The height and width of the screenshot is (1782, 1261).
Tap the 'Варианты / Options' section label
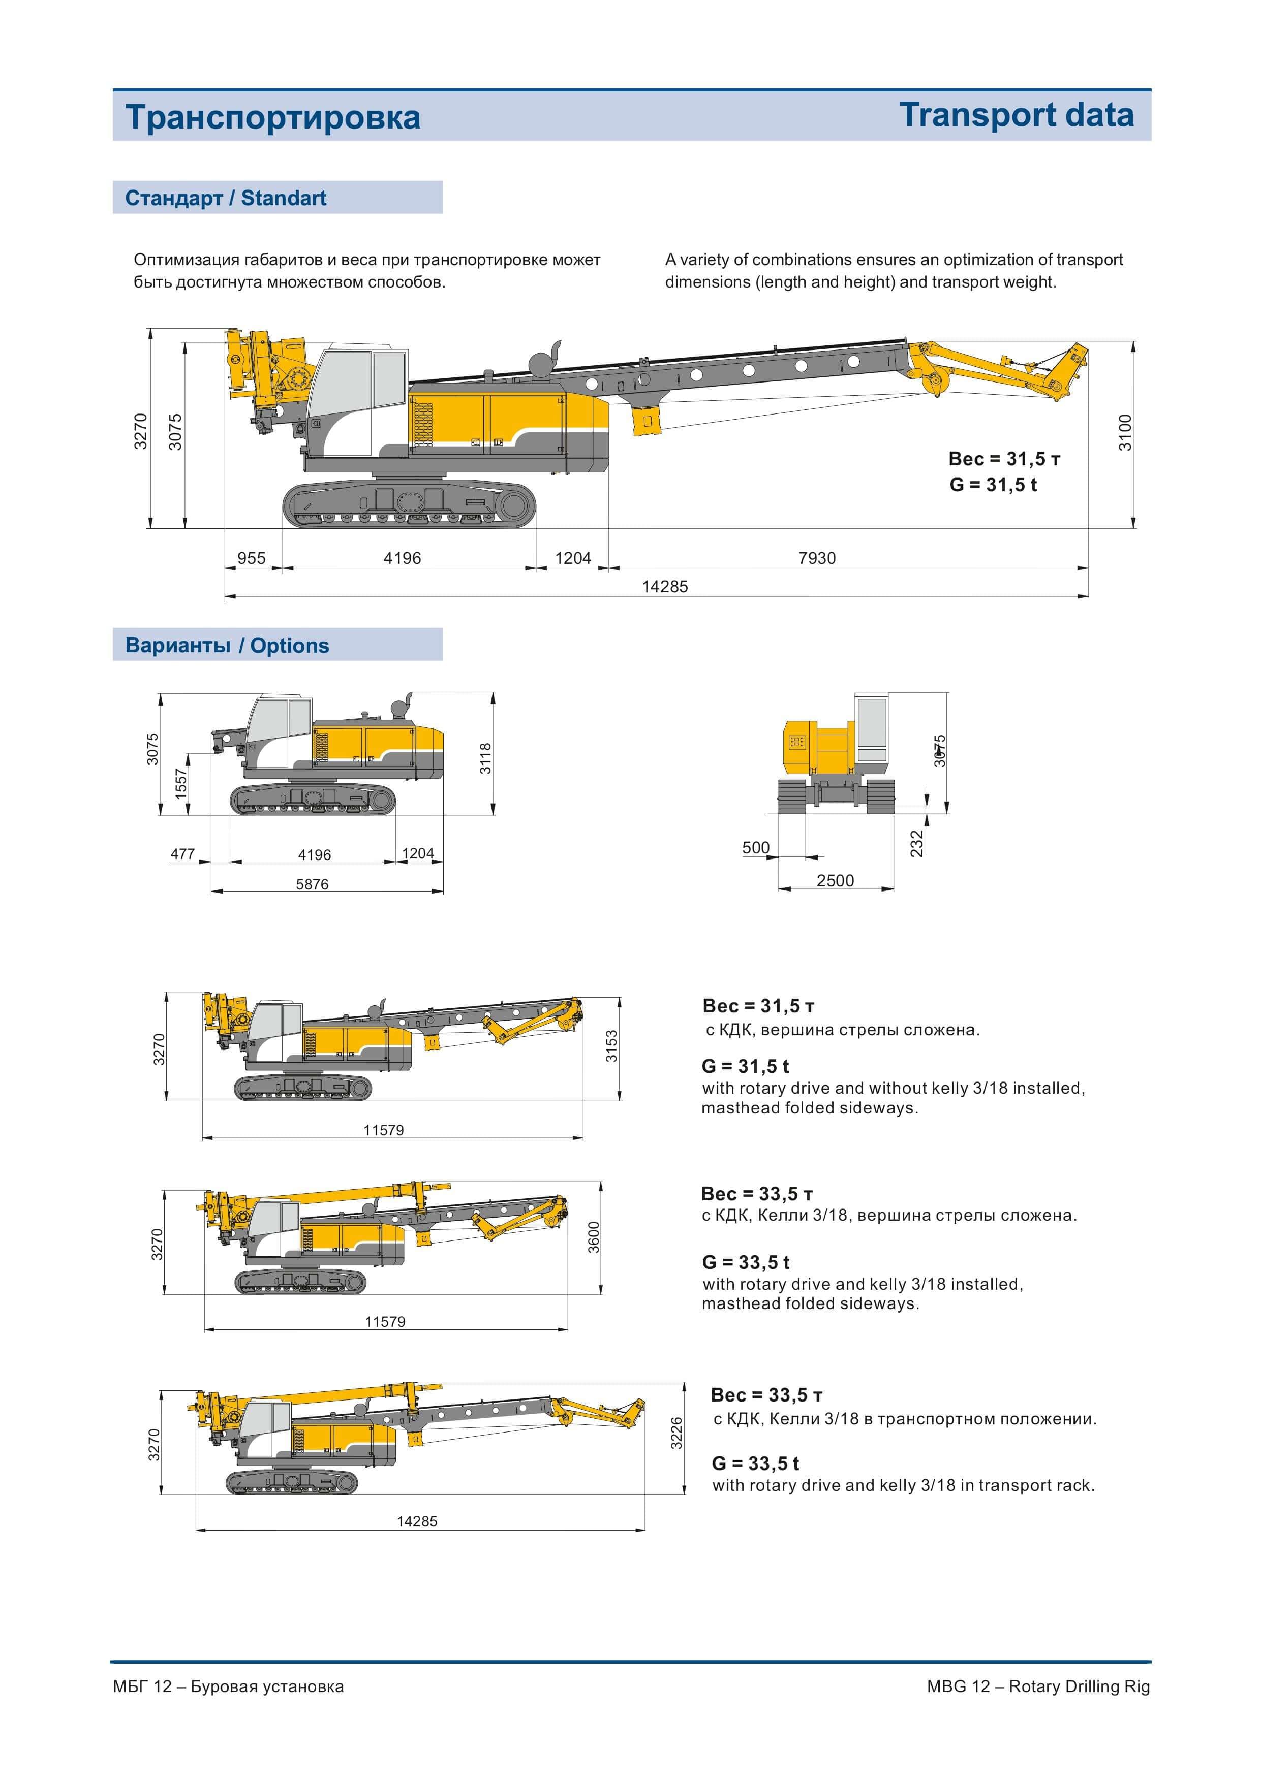(227, 645)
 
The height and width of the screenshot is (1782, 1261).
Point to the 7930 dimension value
(817, 558)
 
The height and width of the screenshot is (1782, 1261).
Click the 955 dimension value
(251, 558)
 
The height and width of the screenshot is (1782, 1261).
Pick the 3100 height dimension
(1125, 433)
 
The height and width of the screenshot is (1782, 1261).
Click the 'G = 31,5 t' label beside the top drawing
(993, 484)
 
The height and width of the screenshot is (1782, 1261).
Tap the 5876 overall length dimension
(312, 884)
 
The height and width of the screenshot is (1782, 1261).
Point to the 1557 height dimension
(181, 784)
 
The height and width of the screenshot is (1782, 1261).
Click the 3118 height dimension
(485, 758)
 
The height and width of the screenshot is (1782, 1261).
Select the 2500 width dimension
(835, 880)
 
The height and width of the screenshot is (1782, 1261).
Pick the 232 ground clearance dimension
(917, 844)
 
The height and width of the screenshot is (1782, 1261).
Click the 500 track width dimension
(755, 847)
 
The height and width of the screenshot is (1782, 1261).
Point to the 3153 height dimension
(612, 1045)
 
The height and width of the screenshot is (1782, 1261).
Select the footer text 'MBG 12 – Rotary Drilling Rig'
(1038, 1686)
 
